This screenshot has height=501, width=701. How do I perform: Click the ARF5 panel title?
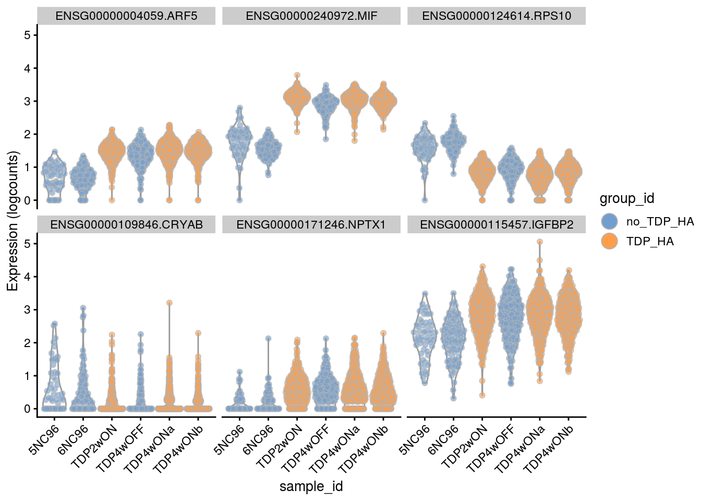point(126,16)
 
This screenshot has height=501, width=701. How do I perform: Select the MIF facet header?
point(311,16)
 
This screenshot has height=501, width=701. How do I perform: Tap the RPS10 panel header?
point(497,16)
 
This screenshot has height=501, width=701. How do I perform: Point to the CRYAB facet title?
point(126,224)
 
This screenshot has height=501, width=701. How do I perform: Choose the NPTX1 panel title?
point(311,224)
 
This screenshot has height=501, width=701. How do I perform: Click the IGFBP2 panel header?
point(497,224)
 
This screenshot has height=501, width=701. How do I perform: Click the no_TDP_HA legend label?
point(660,221)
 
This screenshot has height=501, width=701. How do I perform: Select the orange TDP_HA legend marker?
point(609,241)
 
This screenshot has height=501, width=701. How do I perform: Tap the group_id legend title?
point(626,198)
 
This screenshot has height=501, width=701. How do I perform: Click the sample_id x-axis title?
point(311,486)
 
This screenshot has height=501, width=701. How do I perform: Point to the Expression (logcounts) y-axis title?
point(13,221)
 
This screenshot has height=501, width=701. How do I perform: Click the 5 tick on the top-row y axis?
point(27,35)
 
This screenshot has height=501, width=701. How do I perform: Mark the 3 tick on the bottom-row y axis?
point(27,309)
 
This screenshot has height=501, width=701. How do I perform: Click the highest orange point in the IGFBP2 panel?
point(540,242)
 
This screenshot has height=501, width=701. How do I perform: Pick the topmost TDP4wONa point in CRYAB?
point(169,303)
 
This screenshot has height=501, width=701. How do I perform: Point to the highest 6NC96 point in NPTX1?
point(268,338)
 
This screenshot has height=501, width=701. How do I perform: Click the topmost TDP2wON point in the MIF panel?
point(297,75)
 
